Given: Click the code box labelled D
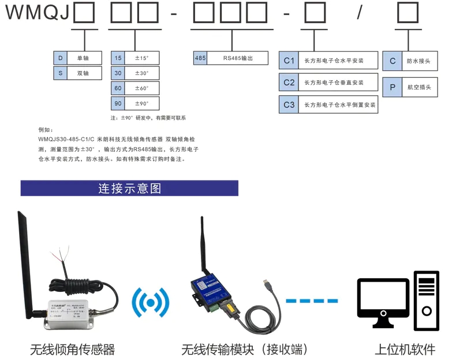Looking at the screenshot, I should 60,58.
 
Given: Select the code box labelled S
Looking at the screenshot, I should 60,73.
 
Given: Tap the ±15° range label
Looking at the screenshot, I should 142,58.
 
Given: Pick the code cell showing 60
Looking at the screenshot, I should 118,88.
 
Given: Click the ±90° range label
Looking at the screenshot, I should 142,104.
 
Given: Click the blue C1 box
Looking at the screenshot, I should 289,61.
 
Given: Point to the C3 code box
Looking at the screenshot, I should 289,104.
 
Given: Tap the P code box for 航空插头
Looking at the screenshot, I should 393,88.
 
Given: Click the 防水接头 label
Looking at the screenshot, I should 418,61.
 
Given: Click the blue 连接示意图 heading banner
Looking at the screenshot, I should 129,189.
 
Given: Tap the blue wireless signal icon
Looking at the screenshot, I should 151,301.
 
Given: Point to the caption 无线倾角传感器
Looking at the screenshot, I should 73,350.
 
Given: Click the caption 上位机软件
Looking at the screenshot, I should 405,350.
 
